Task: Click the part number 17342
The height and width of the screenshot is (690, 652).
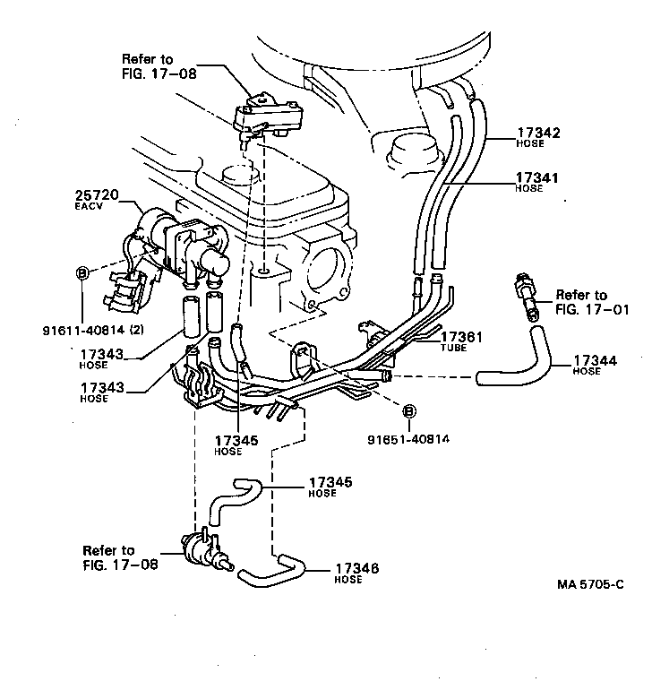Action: (x=537, y=133)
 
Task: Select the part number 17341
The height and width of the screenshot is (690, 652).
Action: (x=537, y=178)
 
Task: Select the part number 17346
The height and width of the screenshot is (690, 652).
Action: (x=356, y=568)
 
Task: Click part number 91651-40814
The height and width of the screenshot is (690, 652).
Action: (x=407, y=439)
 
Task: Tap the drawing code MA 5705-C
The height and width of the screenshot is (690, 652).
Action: (x=589, y=583)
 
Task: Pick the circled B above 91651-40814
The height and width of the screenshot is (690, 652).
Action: (x=409, y=411)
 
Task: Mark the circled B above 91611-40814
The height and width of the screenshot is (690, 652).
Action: (x=81, y=273)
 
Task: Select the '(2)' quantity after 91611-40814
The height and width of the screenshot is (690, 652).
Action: (x=136, y=329)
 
